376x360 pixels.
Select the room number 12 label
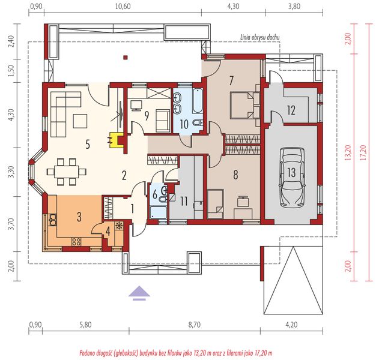pos(291,110)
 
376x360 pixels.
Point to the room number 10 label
pos(185,124)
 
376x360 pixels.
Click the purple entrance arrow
pos(139,292)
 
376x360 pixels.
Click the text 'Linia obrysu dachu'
pos(262,37)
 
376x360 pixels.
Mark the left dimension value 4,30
pos(9,115)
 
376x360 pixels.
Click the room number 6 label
pos(154,195)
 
